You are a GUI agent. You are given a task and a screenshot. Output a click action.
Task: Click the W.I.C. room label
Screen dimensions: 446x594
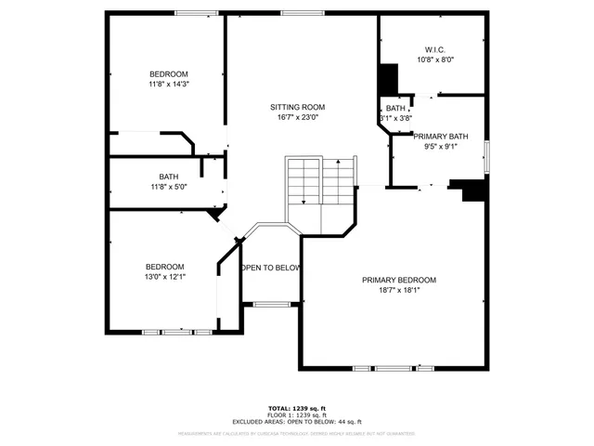pyautogui.click(x=435, y=49)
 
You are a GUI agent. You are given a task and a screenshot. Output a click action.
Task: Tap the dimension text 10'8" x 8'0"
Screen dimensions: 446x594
pyautogui.click(x=435, y=59)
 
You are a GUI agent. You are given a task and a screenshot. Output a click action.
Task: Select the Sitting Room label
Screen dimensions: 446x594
pyautogui.click(x=297, y=107)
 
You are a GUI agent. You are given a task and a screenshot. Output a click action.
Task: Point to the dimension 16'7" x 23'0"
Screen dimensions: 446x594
pyautogui.click(x=297, y=118)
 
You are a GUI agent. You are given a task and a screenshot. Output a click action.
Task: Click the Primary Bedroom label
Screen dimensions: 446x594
pyautogui.click(x=399, y=280)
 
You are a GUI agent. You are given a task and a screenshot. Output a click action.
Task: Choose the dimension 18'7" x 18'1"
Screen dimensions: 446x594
pyautogui.click(x=399, y=290)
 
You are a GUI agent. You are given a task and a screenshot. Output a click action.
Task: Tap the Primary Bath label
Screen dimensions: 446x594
pyautogui.click(x=441, y=137)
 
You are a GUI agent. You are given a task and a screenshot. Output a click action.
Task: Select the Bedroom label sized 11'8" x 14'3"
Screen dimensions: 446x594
pyautogui.click(x=169, y=74)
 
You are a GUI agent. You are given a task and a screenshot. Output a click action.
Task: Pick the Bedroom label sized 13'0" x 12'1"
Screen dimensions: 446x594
pyautogui.click(x=163, y=267)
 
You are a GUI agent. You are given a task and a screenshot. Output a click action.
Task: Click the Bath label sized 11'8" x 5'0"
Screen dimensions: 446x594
pyautogui.click(x=169, y=177)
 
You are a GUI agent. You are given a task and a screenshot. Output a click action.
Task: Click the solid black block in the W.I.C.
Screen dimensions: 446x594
pyautogui.click(x=387, y=77)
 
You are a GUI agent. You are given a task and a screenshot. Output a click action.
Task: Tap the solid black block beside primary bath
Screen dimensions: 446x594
pyautogui.click(x=473, y=189)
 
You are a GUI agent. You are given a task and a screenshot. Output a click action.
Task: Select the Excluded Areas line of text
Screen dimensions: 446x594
pyautogui.click(x=297, y=422)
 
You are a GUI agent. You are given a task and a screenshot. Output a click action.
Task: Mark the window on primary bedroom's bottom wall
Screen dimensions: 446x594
pyautogui.click(x=381, y=369)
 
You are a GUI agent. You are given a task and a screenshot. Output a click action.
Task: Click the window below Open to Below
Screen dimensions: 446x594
pyautogui.click(x=271, y=304)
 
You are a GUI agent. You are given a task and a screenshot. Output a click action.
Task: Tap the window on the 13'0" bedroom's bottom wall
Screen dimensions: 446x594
pyautogui.click(x=176, y=332)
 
